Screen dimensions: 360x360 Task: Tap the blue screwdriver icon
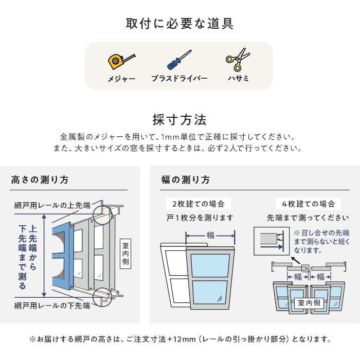coord(179,60)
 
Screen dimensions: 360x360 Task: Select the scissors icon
coord(238,60)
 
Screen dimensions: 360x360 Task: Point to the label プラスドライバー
coord(179,79)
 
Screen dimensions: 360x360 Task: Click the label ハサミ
coord(239,79)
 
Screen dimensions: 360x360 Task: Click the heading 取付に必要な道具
coord(179,24)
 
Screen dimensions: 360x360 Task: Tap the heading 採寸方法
coord(179,120)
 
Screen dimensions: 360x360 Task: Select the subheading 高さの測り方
coord(40,180)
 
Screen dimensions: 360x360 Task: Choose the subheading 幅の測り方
coord(186,180)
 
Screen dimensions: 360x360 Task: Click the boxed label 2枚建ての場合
coord(198,204)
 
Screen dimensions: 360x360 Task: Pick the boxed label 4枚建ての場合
coord(309,204)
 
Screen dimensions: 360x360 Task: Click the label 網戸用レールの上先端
coord(52,206)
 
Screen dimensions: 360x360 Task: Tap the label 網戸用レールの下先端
coord(52,305)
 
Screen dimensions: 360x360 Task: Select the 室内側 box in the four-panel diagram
coord(309,303)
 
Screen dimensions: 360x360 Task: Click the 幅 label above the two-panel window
coord(210,236)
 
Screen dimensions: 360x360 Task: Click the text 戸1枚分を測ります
coord(200,218)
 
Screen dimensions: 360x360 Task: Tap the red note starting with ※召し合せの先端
coord(321,241)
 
